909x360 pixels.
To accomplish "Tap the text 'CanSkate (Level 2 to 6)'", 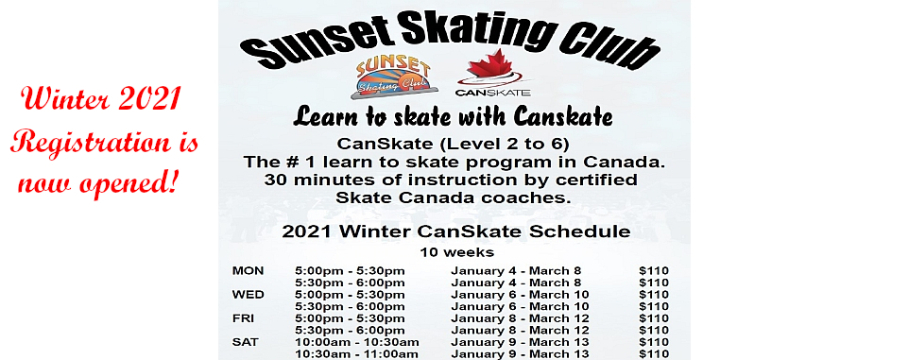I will [x=454, y=145].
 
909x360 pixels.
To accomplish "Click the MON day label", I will [x=248, y=271].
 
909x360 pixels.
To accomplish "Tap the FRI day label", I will [x=243, y=318].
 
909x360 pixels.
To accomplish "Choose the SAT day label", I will [x=245, y=342].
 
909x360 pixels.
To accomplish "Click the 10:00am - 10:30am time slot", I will [x=356, y=342].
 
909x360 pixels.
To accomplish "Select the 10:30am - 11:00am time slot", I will [x=356, y=354].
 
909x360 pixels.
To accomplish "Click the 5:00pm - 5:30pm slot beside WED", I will [x=350, y=295].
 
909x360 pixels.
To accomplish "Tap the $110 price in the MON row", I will [x=654, y=271].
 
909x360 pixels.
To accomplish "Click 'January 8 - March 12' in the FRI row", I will [x=520, y=318].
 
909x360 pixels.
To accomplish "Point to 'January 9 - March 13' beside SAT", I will [x=520, y=342].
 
